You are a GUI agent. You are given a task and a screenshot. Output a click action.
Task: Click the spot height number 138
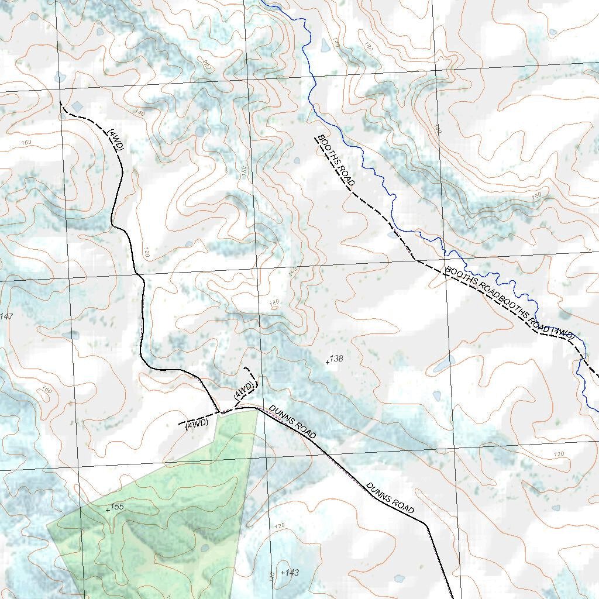336,359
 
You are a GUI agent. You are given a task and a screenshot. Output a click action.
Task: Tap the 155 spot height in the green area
116,507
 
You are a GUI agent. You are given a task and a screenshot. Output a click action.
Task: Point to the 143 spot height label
291,573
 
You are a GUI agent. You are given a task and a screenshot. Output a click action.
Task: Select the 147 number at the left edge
6,316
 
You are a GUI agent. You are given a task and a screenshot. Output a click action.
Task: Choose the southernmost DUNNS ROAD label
390,498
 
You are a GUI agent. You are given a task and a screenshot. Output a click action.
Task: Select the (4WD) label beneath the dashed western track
197,424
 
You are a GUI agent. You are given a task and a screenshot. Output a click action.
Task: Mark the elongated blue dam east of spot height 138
443,364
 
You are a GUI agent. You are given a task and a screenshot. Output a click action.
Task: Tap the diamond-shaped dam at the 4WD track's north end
77,106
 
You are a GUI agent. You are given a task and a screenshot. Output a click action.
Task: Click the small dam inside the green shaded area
204,548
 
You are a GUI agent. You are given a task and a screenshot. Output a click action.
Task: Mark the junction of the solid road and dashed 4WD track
220,412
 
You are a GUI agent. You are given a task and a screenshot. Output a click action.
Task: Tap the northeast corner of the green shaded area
257,410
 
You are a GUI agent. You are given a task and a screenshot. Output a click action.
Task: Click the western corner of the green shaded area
47,525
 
